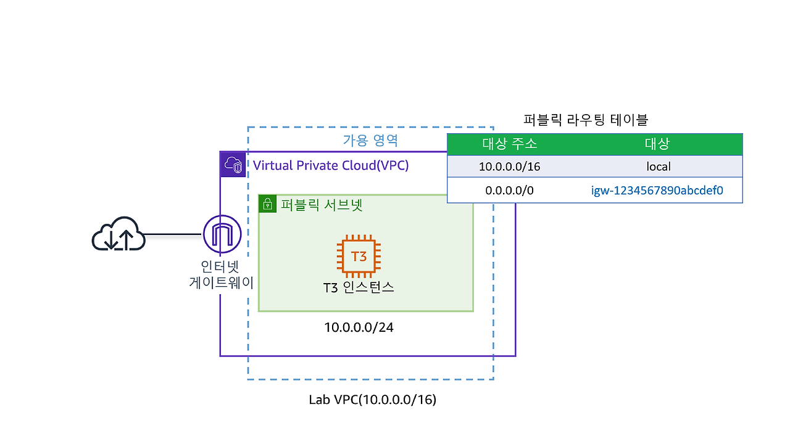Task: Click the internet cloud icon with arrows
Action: pos(118,235)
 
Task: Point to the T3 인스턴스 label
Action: pos(359,287)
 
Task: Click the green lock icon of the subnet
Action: pos(267,204)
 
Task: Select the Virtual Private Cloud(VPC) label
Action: pos(331,165)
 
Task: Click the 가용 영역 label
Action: pos(370,140)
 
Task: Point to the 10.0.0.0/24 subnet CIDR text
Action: pos(359,327)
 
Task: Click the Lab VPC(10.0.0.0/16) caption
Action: pos(372,400)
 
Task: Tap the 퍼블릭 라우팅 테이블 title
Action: pos(585,120)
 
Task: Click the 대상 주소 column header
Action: pos(509,144)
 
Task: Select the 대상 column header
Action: pos(657,144)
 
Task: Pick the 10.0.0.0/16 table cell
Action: pos(509,166)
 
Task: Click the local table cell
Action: pos(658,166)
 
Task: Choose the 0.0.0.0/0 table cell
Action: pos(509,191)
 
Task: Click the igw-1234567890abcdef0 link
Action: pos(657,191)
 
